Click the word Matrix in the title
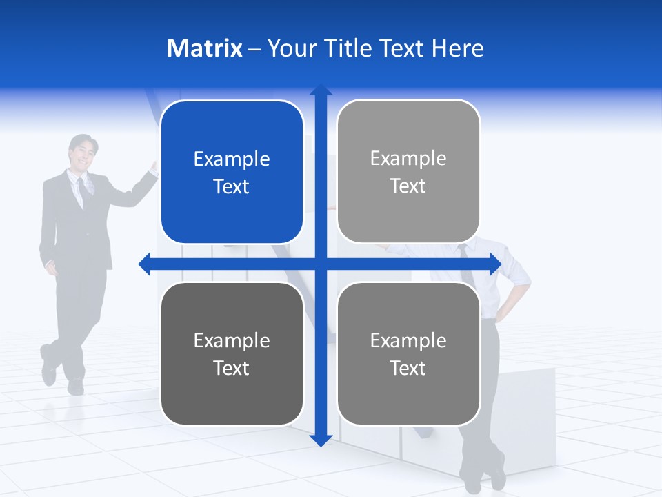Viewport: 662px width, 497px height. tap(204, 48)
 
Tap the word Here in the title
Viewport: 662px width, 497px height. tap(457, 48)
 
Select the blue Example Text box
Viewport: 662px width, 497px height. tap(232, 172)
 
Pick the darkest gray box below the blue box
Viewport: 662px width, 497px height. tap(232, 353)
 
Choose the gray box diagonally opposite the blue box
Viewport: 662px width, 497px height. tap(408, 353)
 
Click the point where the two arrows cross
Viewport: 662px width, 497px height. tap(321, 264)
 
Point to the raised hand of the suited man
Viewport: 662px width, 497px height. tap(154, 168)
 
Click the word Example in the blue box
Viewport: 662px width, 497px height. tap(232, 159)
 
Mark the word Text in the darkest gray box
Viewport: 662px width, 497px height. tap(232, 368)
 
